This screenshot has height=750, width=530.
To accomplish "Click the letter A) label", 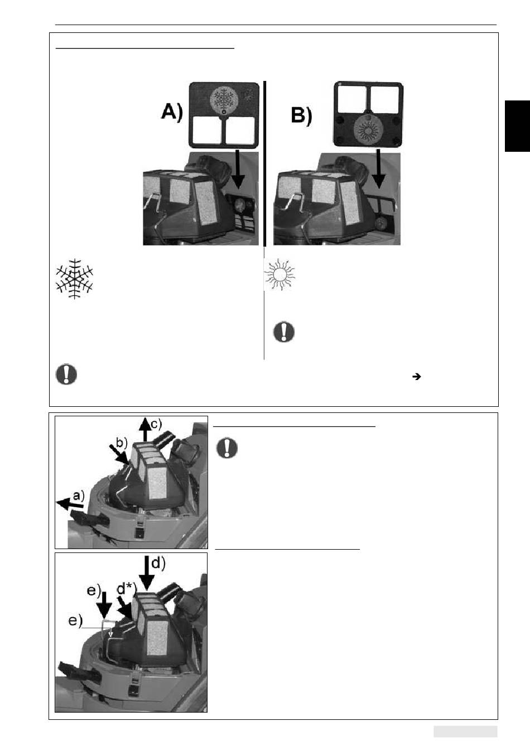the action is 172,111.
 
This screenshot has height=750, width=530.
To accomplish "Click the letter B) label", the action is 301,116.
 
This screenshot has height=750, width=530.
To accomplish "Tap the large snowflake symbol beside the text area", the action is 74,278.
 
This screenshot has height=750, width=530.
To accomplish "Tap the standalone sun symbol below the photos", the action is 280,274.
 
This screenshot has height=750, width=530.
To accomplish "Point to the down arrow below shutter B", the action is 379,169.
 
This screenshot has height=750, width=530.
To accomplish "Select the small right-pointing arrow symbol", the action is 417,377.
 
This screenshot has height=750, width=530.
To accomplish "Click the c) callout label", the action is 156,424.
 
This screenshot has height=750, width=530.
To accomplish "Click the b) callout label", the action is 122,443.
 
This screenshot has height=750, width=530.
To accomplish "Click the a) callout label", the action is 79,496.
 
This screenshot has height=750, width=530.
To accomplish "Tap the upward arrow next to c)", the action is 144,429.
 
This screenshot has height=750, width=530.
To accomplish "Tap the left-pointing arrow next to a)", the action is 70,503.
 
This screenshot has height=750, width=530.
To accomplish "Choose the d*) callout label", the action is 126,589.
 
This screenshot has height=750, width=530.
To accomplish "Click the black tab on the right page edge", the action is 517,126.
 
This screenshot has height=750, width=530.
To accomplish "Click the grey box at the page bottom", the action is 465,732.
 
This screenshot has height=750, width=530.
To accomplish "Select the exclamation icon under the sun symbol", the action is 284,332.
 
